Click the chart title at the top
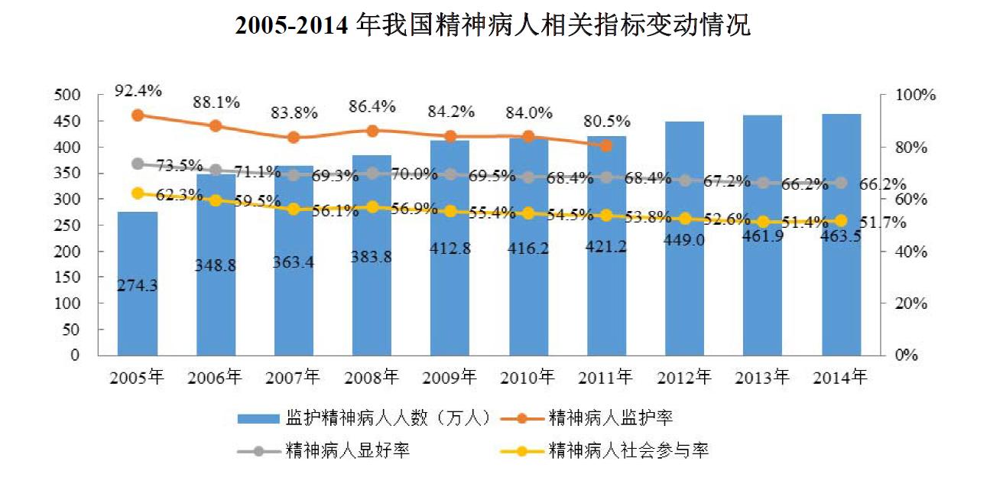(493, 27)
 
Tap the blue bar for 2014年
(841, 306)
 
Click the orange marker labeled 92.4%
(138, 115)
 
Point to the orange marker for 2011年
(606, 145)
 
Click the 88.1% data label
(216, 102)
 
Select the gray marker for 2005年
(138, 164)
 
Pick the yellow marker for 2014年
(841, 221)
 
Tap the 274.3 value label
(138, 285)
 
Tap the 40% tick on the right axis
(911, 252)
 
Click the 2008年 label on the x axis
(372, 377)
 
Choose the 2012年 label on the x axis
(684, 377)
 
